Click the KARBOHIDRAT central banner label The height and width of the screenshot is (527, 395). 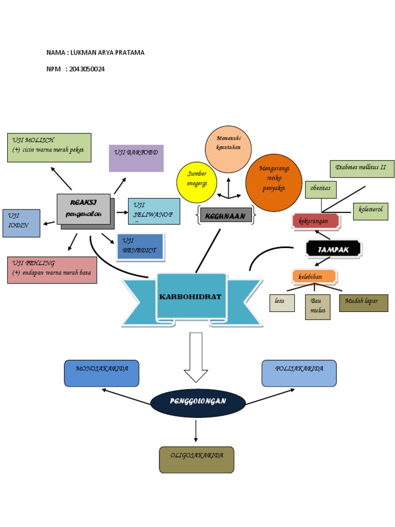coord(191,297)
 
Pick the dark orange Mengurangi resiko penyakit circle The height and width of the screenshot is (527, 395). coord(274,182)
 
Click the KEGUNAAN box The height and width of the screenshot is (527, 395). coord(226,215)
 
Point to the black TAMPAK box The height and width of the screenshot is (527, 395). coord(333,249)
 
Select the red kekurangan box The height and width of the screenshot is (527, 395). coord(316,221)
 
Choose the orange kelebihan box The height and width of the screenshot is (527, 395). coord(314,277)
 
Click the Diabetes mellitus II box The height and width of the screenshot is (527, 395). coord(362,169)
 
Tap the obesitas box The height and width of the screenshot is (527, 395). coord(320,189)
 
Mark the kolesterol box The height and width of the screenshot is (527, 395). coord(370,211)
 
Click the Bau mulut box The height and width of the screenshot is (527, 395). coord(317,307)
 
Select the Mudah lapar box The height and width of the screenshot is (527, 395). coord(363,303)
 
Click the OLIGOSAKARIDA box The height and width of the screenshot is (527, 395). coord(196,460)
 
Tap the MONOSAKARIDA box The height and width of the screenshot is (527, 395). coord(101,373)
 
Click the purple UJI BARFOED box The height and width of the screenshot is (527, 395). coord(136,158)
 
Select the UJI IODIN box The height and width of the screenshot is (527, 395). coord(21,223)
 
